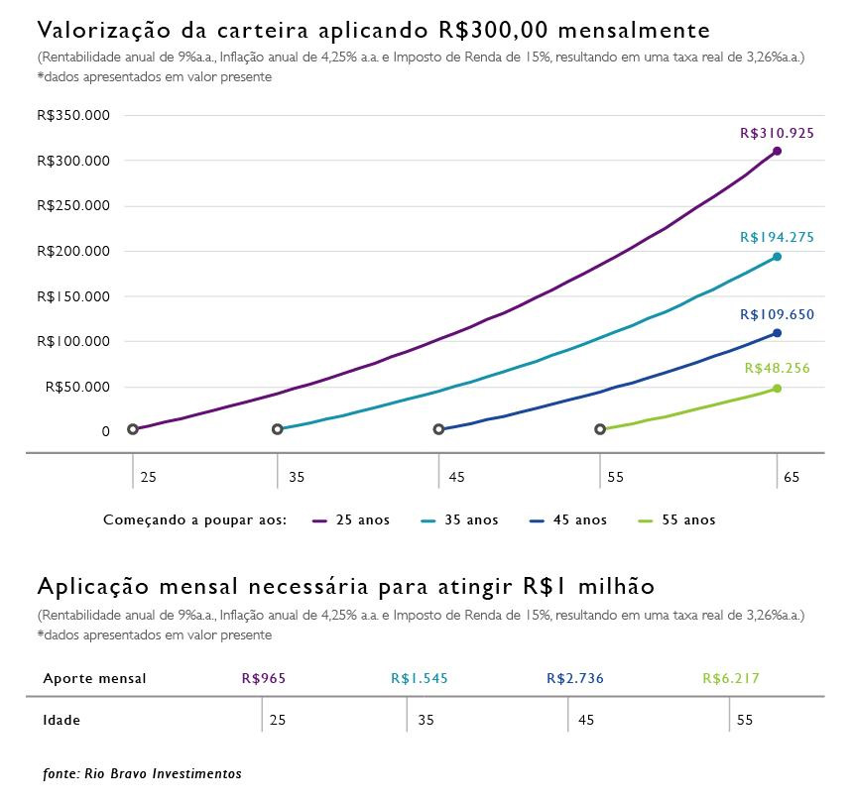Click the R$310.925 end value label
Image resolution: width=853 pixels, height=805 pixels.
pyautogui.click(x=777, y=132)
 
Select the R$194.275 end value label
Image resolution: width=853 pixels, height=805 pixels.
pyautogui.click(x=777, y=237)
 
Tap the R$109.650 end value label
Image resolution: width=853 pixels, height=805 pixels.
pyautogui.click(x=777, y=314)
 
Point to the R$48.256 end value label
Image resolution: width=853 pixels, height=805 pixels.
pyautogui.click(x=777, y=368)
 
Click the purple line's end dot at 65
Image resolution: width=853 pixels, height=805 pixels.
pyautogui.click(x=777, y=151)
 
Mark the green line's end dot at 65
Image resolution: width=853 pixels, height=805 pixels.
pyautogui.click(x=777, y=389)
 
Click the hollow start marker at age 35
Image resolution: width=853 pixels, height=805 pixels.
pyautogui.click(x=278, y=429)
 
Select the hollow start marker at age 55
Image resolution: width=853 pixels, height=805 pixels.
pyautogui.click(x=600, y=429)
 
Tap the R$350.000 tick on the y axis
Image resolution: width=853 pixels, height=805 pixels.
pyautogui.click(x=72, y=115)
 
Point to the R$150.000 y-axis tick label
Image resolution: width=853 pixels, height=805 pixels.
pyautogui.click(x=72, y=296)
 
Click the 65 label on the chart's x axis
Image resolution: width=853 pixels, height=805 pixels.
pyautogui.click(x=791, y=477)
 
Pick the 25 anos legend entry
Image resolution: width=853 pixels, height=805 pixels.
pyautogui.click(x=351, y=519)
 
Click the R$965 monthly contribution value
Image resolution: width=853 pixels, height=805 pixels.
pyautogui.click(x=264, y=679)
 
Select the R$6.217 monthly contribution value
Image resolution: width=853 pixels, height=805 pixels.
pyautogui.click(x=731, y=679)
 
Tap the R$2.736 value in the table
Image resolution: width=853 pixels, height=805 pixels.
pyautogui.click(x=575, y=679)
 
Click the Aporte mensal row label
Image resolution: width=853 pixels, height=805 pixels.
pyautogui.click(x=94, y=679)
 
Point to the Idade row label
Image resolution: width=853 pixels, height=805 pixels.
pyautogui.click(x=61, y=720)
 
